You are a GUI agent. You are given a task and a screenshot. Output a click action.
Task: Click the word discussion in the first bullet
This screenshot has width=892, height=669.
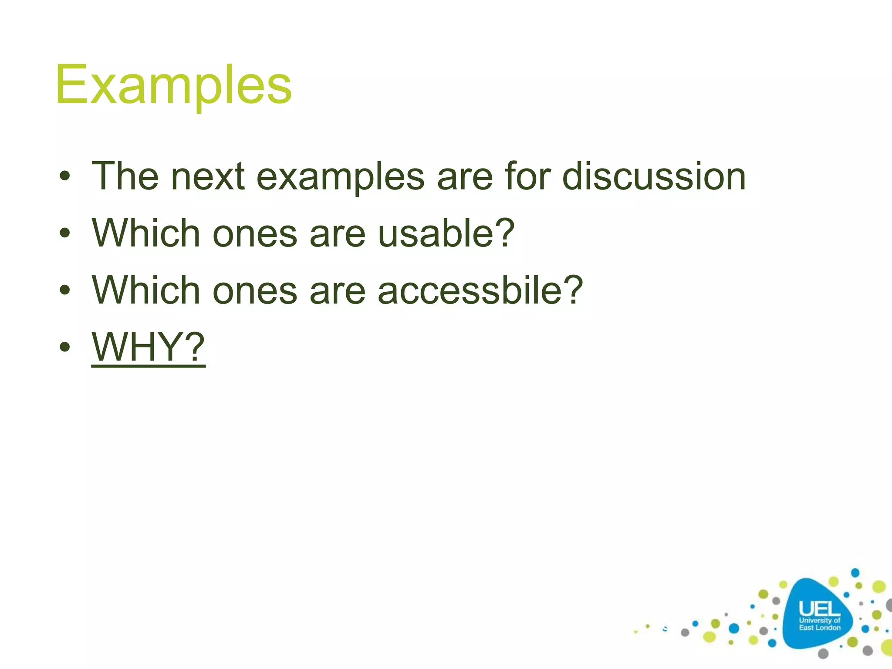(x=654, y=176)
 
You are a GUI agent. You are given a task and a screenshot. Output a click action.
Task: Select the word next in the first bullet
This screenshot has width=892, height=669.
(x=208, y=176)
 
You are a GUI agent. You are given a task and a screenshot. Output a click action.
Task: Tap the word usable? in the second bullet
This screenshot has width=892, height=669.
(x=446, y=234)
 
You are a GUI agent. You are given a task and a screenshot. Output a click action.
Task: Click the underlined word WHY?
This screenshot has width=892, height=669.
(x=148, y=347)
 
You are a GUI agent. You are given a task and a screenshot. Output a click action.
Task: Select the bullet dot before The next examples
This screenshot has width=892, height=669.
(x=65, y=176)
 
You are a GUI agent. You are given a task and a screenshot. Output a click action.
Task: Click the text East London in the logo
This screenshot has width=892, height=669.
(x=819, y=628)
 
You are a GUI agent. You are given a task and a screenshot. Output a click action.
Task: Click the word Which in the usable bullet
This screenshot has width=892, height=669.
(x=146, y=234)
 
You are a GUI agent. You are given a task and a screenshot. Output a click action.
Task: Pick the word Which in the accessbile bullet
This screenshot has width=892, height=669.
(x=146, y=291)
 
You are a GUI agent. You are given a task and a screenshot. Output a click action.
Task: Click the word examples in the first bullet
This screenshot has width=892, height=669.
(x=340, y=176)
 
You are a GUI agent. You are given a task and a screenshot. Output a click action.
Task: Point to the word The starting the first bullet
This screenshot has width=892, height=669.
(x=125, y=176)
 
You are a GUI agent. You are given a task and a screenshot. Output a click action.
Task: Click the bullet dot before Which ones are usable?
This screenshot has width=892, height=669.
(x=65, y=233)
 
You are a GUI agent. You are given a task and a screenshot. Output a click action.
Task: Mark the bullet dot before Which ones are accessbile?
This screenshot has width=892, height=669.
(x=65, y=290)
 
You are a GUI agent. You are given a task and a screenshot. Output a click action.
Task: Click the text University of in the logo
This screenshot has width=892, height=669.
(x=819, y=620)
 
